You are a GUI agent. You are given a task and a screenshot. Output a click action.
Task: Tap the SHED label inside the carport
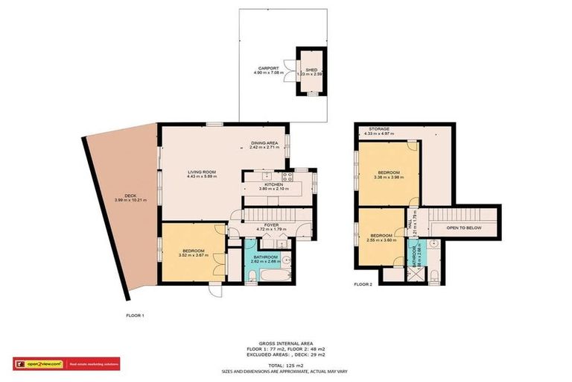(x=311, y=69)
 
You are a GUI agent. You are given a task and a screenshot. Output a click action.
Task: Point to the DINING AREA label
(x=264, y=143)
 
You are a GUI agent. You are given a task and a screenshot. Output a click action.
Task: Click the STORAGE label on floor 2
(x=378, y=129)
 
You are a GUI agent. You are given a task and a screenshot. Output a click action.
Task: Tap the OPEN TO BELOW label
(x=463, y=228)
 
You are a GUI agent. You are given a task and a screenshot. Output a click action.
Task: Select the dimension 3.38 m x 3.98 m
(x=390, y=178)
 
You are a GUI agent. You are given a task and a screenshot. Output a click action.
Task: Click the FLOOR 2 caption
(x=363, y=284)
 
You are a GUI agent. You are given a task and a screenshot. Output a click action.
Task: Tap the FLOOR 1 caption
(x=135, y=315)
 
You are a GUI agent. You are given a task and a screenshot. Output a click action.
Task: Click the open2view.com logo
(x=39, y=364)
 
